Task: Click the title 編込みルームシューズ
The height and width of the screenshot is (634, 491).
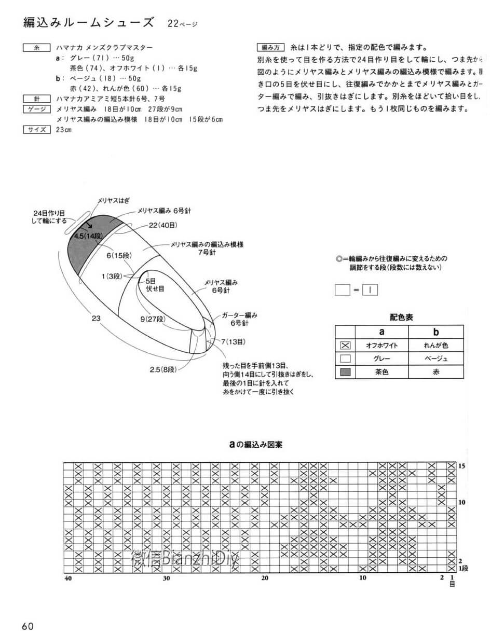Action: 89,22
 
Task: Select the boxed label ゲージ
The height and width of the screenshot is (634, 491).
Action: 36,109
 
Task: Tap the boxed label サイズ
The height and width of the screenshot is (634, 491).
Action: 36,130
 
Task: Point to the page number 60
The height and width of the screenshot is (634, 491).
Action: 28,626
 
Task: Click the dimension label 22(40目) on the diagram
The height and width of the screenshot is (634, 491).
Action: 163,225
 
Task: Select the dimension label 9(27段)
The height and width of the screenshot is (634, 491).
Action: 153,319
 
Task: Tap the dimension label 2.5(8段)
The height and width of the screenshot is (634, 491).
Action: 164,369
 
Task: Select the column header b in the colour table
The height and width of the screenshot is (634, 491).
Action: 436,332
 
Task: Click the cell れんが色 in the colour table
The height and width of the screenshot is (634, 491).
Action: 436,345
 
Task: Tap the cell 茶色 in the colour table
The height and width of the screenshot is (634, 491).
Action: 382,372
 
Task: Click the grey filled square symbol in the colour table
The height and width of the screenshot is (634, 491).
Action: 345,372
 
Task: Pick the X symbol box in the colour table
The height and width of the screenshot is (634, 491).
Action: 345,345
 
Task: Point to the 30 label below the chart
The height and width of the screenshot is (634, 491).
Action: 166,578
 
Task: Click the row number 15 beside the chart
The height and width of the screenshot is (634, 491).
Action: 461,466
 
